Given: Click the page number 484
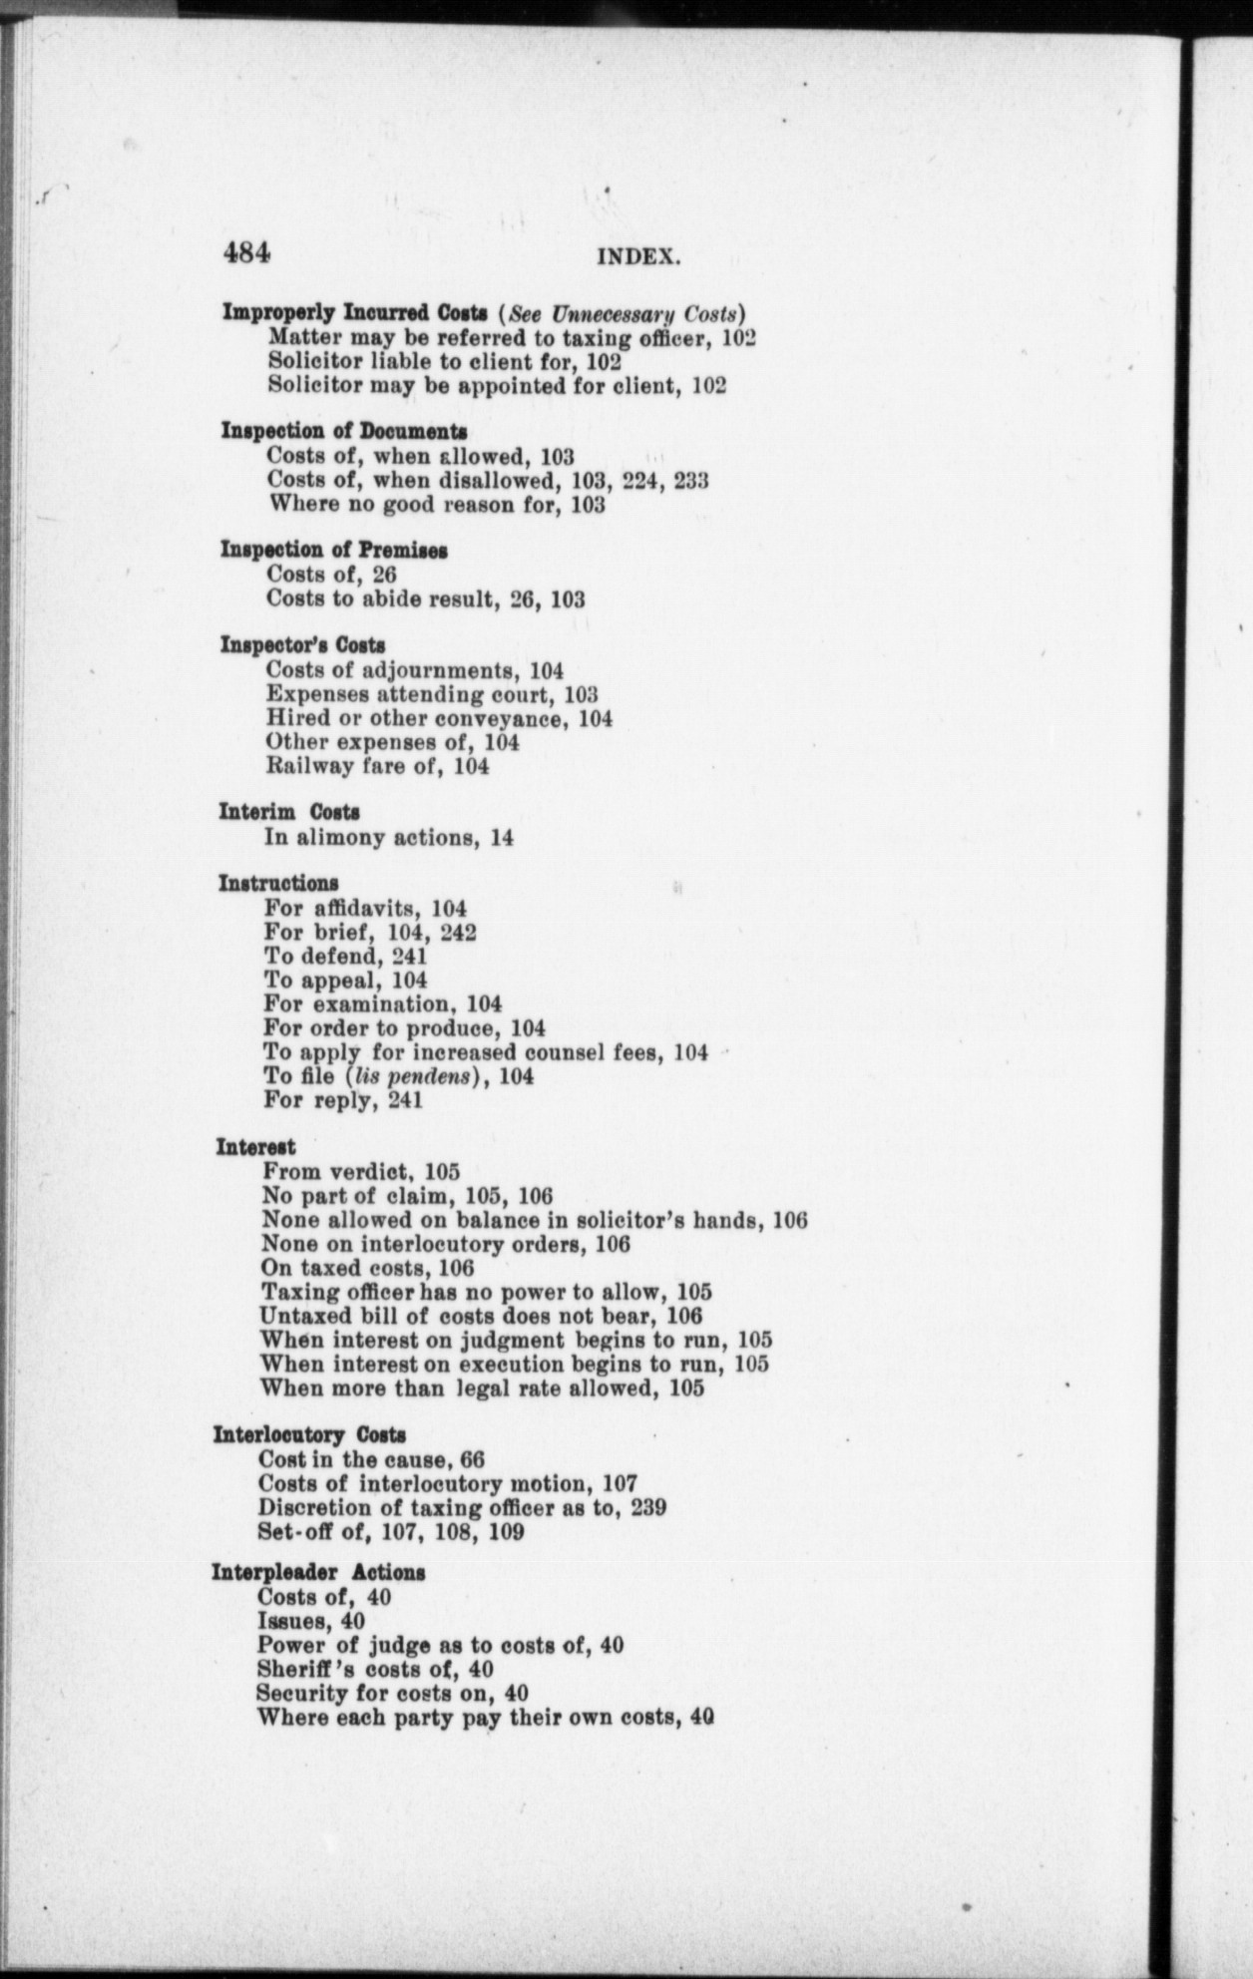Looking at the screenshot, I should pos(246,251).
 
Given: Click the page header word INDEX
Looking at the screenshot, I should pos(638,257).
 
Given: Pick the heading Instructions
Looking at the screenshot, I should pos(277,883).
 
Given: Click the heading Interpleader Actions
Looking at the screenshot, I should pos(318,1572).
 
